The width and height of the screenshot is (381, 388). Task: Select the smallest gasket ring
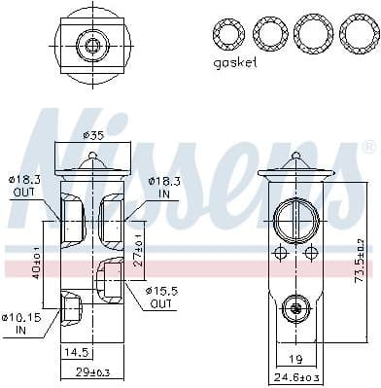point(230,34)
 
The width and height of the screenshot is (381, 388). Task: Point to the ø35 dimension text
point(93,135)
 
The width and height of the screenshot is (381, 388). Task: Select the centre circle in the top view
point(93,44)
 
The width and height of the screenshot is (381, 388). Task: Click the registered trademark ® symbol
point(368,148)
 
